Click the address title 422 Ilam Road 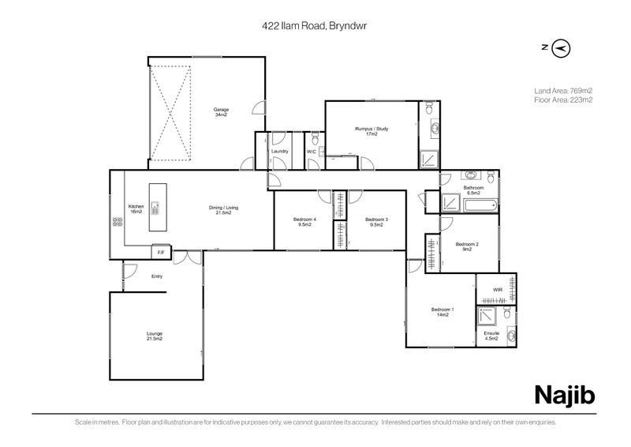[315, 25]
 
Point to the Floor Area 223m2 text [563, 100]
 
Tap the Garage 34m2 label [220, 112]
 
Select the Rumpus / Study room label [372, 131]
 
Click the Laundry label [279, 151]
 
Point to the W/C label [311, 151]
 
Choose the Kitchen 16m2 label [136, 209]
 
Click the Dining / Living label [223, 211]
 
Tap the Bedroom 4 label [304, 222]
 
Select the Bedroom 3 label [375, 222]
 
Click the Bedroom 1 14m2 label [441, 312]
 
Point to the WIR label [497, 290]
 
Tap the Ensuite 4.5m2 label [491, 336]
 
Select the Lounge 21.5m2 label [155, 336]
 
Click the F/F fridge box [161, 252]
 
